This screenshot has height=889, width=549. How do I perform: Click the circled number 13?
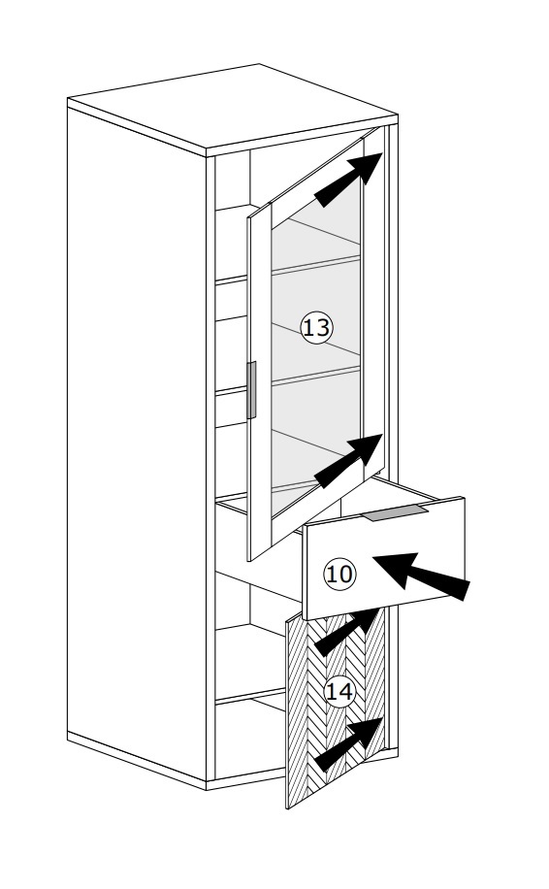click(x=316, y=327)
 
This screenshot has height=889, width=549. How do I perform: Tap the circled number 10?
click(x=339, y=574)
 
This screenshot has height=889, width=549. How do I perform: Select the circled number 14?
click(x=339, y=692)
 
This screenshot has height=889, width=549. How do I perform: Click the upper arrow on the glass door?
click(x=348, y=180)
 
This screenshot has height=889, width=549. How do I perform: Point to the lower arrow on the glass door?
click(x=348, y=460)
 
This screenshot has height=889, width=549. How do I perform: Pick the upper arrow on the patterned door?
click(x=346, y=632)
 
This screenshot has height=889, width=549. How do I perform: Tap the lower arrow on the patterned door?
click(x=348, y=743)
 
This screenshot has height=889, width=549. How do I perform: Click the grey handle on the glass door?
click(x=251, y=390)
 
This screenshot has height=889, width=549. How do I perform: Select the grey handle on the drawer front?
click(x=396, y=513)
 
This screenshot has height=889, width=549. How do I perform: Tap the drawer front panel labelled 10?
click(x=384, y=558)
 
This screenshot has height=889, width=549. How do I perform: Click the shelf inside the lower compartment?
click(x=250, y=696)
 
